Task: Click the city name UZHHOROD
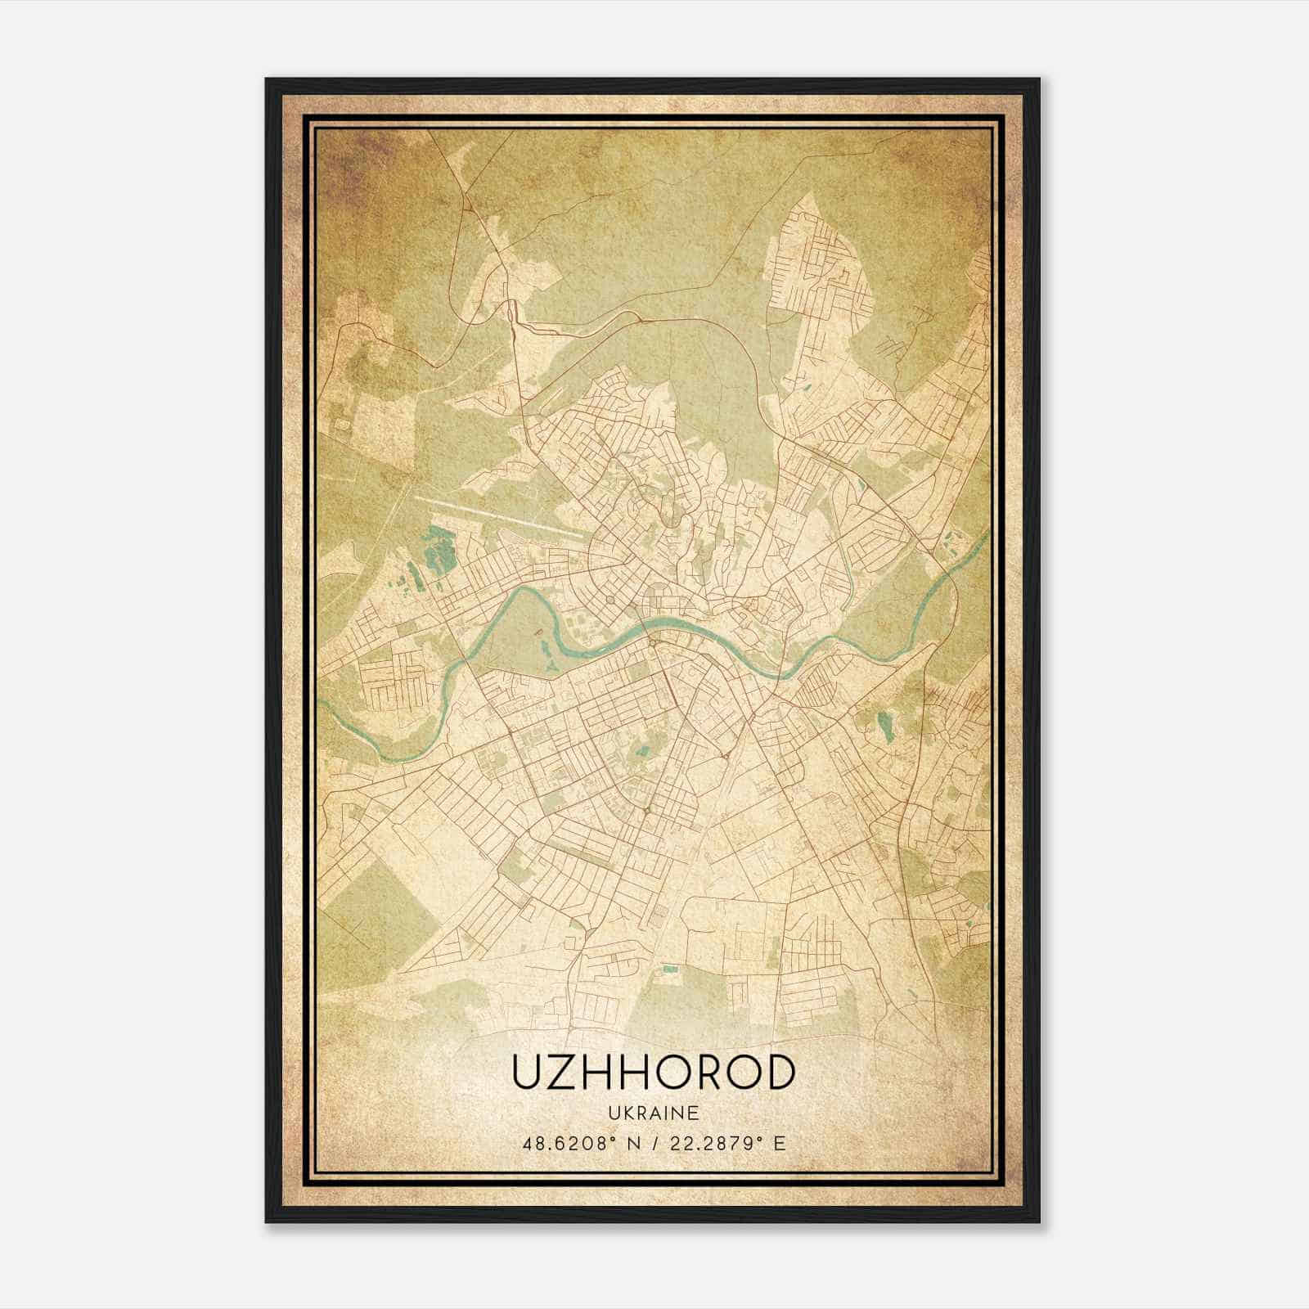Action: click(x=653, y=1071)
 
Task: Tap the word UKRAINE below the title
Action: click(x=653, y=1113)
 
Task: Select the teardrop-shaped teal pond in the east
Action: click(x=882, y=723)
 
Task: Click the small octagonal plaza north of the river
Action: click(x=610, y=601)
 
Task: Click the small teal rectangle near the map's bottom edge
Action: click(x=670, y=969)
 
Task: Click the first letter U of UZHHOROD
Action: click(x=528, y=1071)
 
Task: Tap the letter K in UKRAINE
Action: click(x=627, y=1113)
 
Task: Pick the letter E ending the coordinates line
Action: click(x=780, y=1144)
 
